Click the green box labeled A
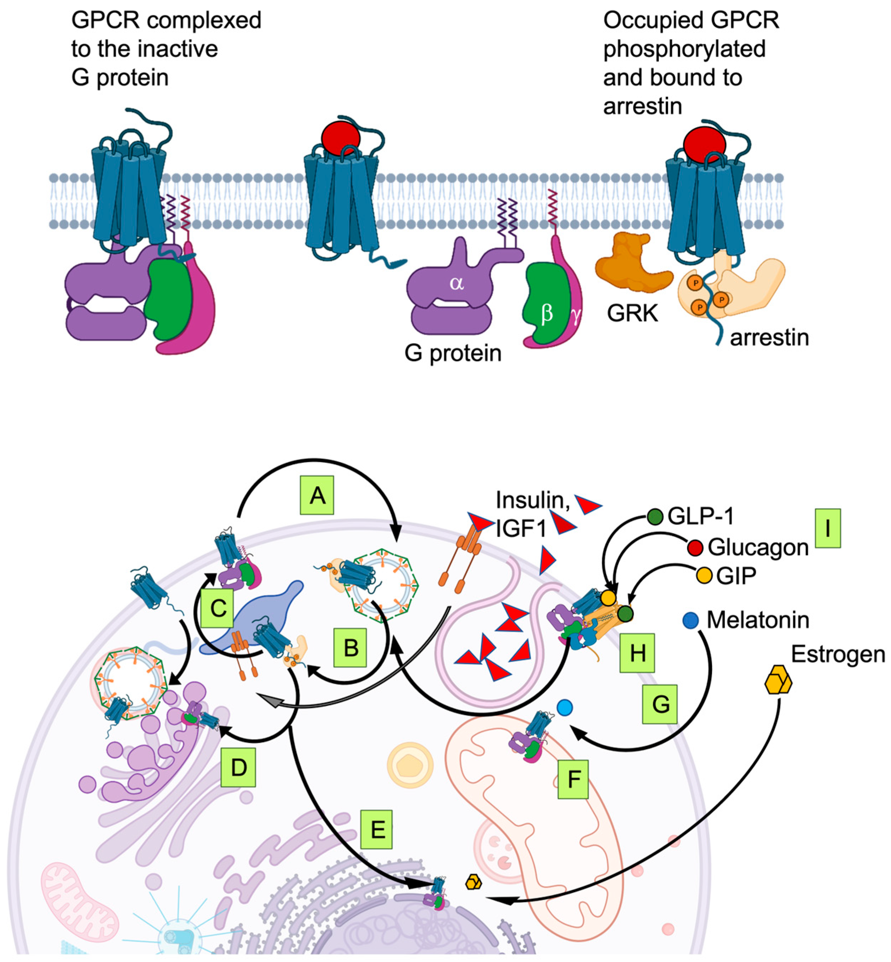[317, 495]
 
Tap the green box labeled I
[827, 528]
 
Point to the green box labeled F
[573, 779]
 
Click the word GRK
[632, 313]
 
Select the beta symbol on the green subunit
[547, 313]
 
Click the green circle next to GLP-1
[655, 517]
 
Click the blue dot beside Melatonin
[691, 620]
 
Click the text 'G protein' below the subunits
[453, 353]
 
